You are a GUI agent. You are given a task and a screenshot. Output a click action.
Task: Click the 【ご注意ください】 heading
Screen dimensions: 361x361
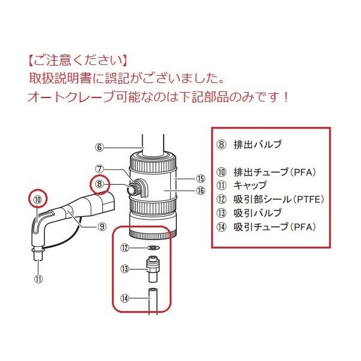(77, 61)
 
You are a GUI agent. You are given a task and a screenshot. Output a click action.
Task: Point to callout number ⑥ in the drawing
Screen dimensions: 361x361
(100, 146)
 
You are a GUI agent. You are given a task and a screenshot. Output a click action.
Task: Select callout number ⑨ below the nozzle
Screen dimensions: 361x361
(102, 227)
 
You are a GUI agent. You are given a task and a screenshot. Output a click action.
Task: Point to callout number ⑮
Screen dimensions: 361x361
(200, 179)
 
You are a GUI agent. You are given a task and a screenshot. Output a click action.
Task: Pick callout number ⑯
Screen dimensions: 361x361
(200, 191)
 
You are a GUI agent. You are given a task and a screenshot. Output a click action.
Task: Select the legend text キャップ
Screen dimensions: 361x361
(250, 185)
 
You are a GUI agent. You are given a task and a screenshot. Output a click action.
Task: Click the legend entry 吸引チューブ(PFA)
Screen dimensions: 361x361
(274, 227)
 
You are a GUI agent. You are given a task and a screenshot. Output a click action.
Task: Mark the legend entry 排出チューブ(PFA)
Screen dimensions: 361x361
(274, 172)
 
